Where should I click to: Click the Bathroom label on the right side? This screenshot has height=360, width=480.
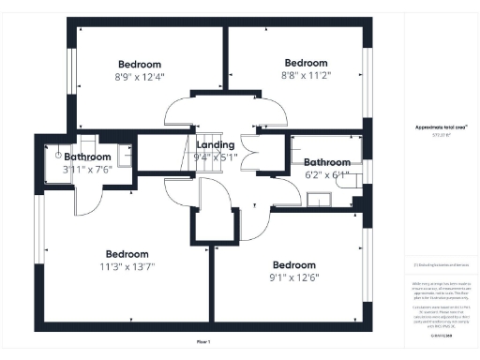coord(326,161)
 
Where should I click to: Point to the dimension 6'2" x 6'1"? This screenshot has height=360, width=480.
coord(326,174)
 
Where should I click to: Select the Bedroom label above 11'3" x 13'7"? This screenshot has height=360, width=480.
coord(127,254)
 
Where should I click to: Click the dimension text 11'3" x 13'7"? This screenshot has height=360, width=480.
coord(127,267)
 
